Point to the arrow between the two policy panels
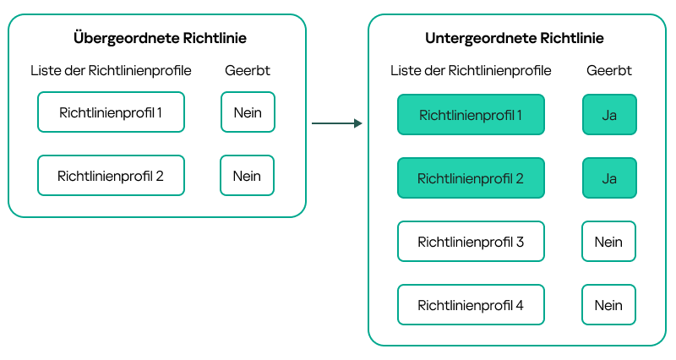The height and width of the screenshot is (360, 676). [x=336, y=123]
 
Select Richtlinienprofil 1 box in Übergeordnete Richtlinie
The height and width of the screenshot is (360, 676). [x=111, y=112]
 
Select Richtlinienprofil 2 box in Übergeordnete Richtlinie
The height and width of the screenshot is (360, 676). [x=111, y=176]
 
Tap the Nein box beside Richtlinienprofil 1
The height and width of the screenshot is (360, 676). [x=248, y=112]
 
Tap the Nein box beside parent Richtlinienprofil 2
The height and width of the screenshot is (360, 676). [x=247, y=176]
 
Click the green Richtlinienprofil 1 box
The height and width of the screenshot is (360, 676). [x=471, y=115]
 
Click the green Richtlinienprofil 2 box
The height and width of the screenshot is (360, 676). [x=471, y=178]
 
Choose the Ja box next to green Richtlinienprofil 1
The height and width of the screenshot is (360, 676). [x=608, y=115]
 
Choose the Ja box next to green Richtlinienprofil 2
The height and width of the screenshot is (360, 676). [x=608, y=178]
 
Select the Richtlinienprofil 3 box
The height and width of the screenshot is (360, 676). [x=471, y=242]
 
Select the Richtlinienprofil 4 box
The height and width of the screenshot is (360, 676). [x=471, y=305]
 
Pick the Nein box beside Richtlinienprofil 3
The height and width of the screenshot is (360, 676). [x=608, y=242]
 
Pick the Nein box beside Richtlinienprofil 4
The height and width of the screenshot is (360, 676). [x=608, y=305]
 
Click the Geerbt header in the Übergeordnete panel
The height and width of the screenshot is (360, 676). [x=248, y=71]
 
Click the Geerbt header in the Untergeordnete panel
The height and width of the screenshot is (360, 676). [x=609, y=71]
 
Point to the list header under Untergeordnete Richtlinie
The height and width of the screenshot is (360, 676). [x=471, y=71]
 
